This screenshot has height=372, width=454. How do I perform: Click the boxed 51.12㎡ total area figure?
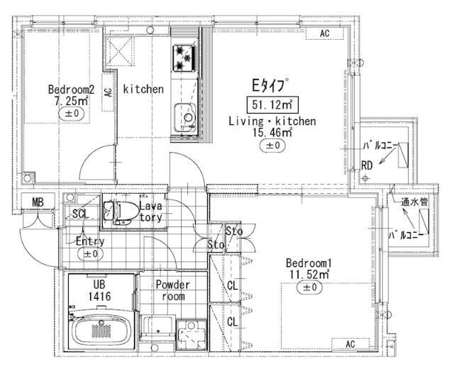pyautogui.click(x=272, y=104)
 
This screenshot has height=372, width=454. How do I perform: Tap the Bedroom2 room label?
pyautogui.click(x=71, y=89)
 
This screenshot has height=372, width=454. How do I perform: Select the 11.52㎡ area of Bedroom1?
pyautogui.click(x=309, y=274)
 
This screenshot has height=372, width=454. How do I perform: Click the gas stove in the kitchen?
pyautogui.click(x=184, y=58)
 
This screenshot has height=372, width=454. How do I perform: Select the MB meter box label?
pyautogui.click(x=38, y=202)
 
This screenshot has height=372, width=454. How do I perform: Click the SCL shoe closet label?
pyautogui.click(x=80, y=214)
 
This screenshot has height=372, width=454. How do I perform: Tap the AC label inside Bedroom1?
pyautogui.click(x=350, y=344)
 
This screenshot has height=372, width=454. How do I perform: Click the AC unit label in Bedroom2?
pyautogui.click(x=108, y=93)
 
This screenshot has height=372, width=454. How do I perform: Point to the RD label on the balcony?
pyautogui.click(x=367, y=165)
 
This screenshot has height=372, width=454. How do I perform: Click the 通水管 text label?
pyautogui.click(x=414, y=202)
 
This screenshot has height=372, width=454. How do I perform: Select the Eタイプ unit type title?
pyautogui.click(x=270, y=85)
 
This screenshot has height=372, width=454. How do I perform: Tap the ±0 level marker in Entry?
pyautogui.click(x=91, y=254)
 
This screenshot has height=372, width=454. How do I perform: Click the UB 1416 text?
pyautogui.click(x=99, y=290)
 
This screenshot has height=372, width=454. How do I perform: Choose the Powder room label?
pyautogui.click(x=173, y=290)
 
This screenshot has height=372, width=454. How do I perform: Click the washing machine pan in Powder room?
pyautogui.click(x=192, y=335)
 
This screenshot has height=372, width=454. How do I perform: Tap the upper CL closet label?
pyautogui.click(x=232, y=286)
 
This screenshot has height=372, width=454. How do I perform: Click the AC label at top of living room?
pyautogui.click(x=325, y=33)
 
